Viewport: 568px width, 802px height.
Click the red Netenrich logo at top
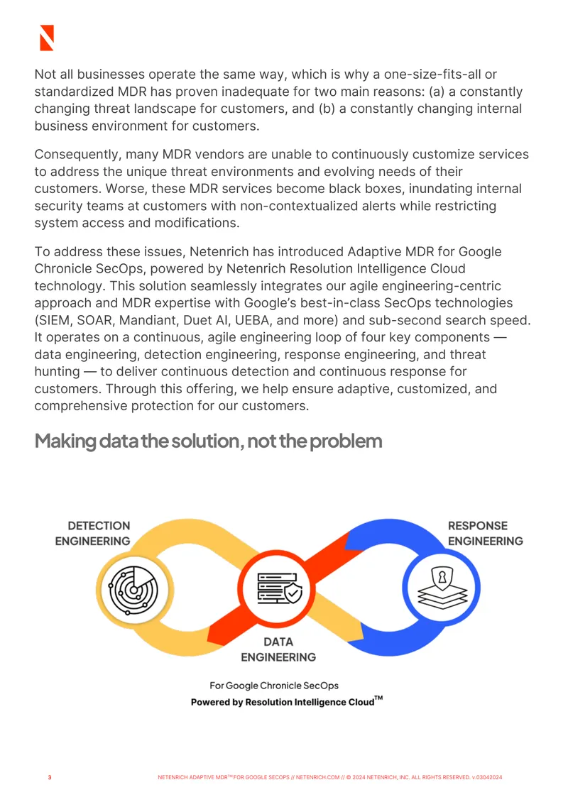(x=47, y=38)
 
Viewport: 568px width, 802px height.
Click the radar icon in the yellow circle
(x=133, y=590)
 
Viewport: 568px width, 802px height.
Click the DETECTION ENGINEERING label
(x=92, y=534)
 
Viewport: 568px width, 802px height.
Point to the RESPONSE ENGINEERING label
(x=486, y=534)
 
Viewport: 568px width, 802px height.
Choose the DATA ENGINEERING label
(x=278, y=649)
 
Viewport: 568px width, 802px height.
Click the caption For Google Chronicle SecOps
(x=274, y=686)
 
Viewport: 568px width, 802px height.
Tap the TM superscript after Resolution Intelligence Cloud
(x=378, y=698)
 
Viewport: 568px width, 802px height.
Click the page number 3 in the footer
(x=50, y=777)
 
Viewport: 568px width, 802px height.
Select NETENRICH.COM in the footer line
(x=318, y=777)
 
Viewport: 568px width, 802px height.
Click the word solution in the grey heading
(x=207, y=441)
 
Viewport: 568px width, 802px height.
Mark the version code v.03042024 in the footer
(x=486, y=777)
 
